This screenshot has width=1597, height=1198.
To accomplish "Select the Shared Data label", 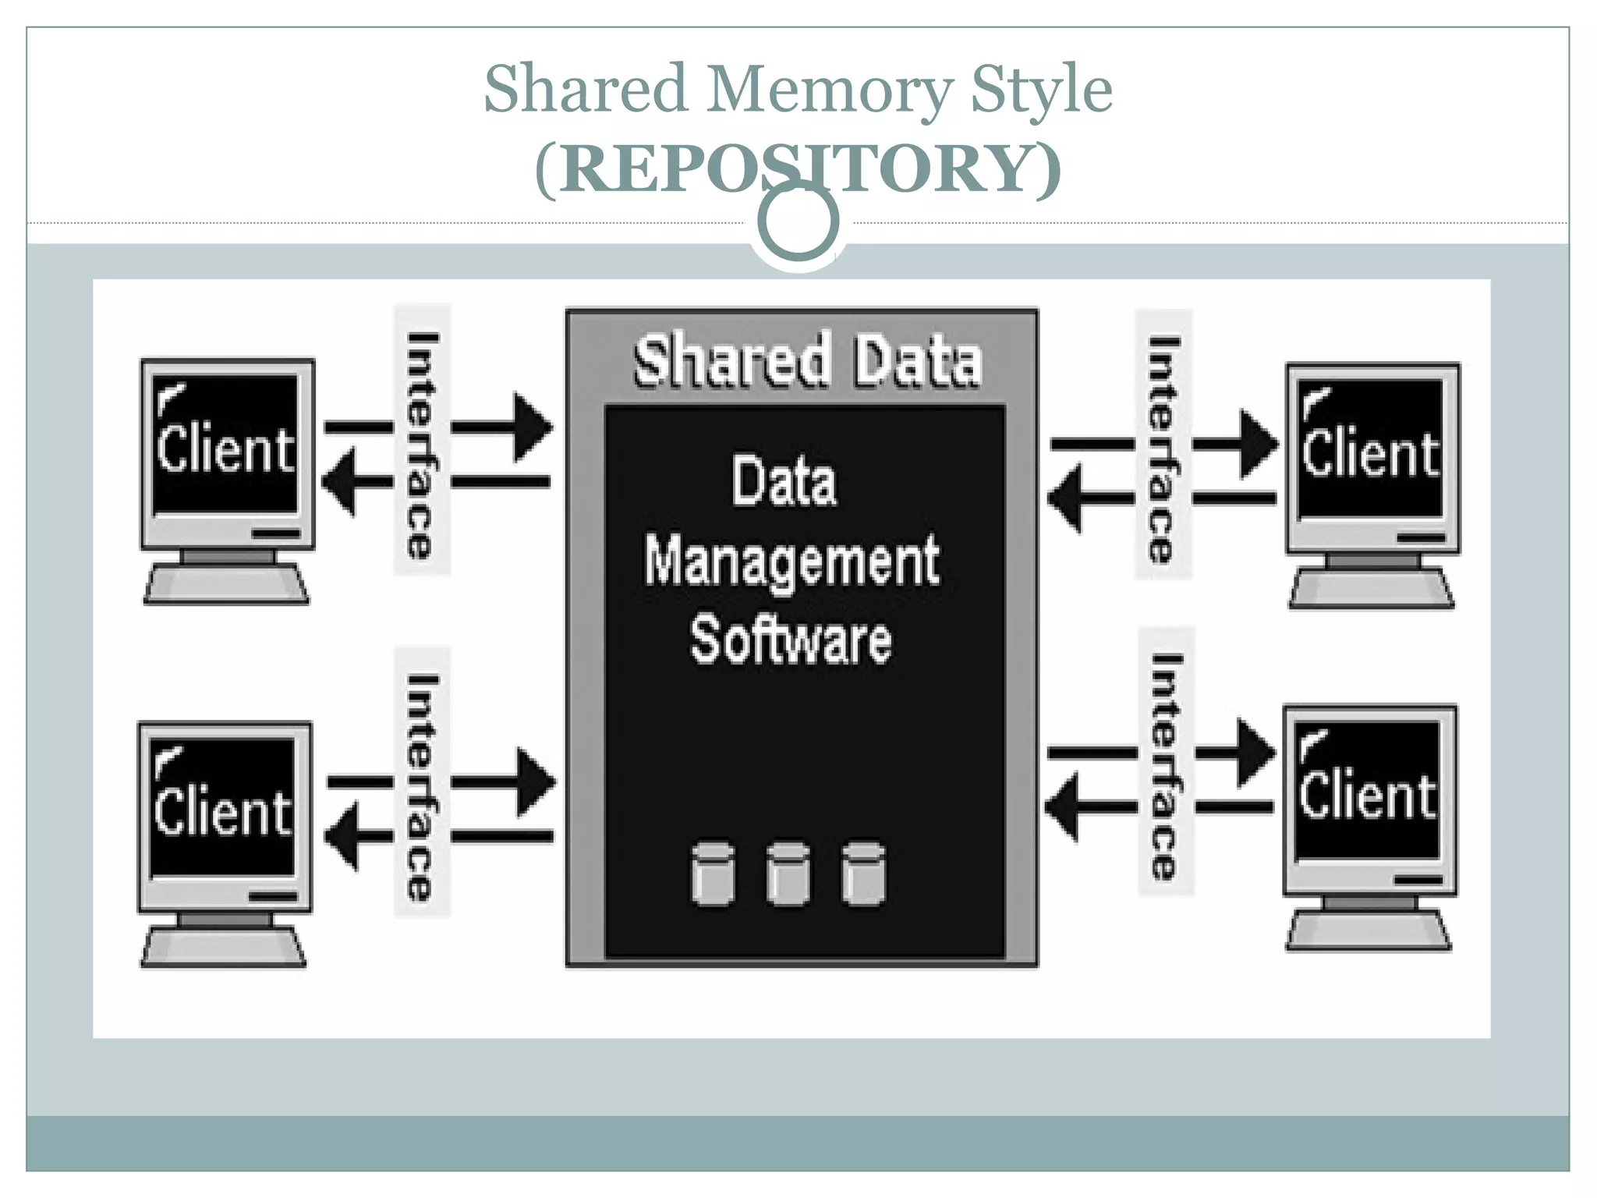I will [807, 361].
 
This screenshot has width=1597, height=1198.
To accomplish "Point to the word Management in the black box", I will [791, 562].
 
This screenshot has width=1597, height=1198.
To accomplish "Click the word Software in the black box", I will [791, 641].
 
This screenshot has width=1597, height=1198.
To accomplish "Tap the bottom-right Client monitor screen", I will [1368, 790].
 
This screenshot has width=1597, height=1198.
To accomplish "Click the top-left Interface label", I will [422, 445].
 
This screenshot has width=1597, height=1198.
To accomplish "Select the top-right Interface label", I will [1163, 448].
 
